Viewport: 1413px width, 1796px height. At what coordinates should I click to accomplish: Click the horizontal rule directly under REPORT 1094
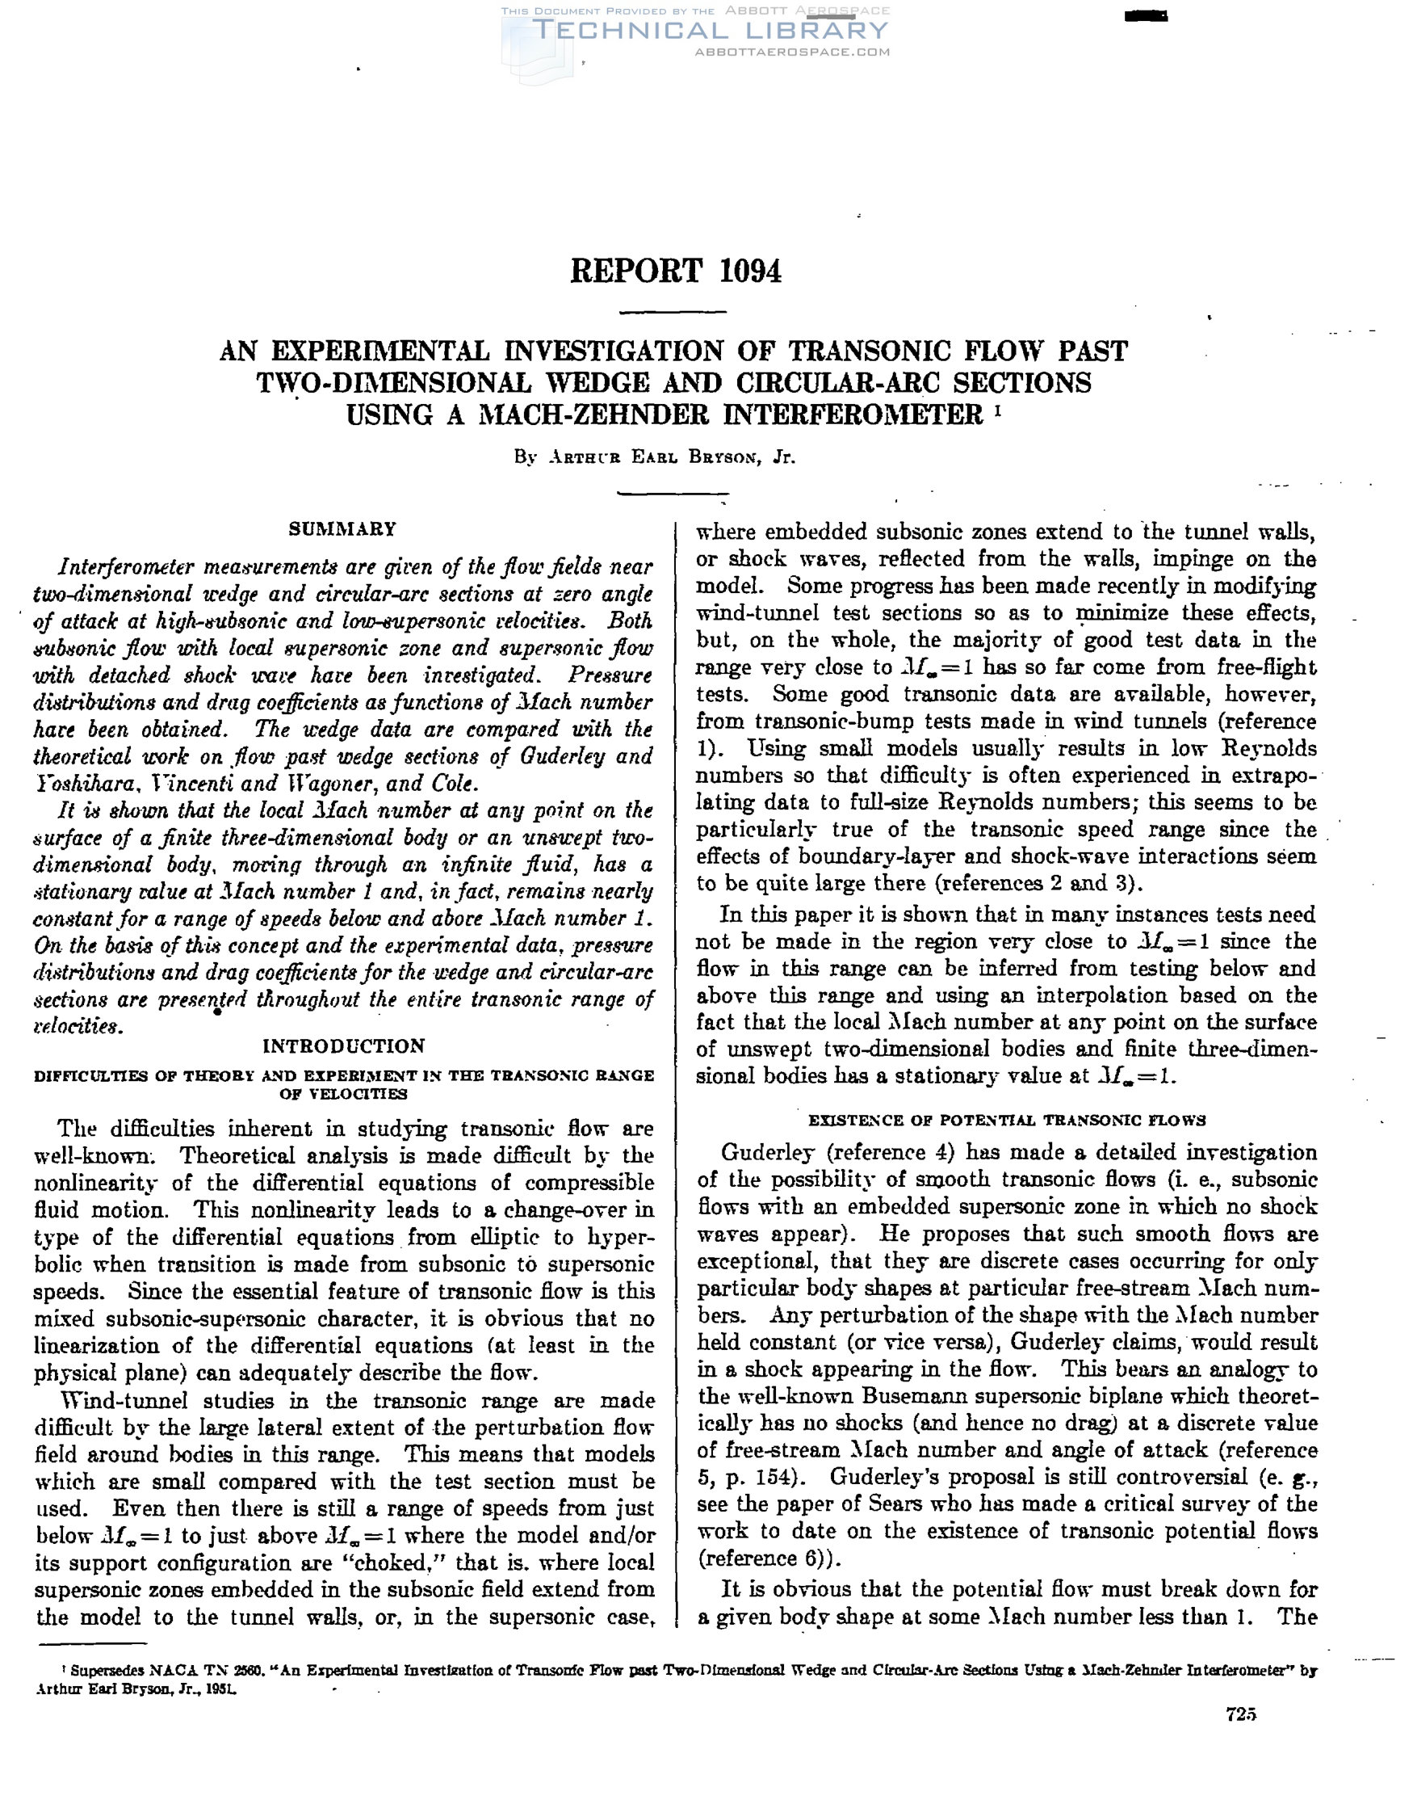pos(673,312)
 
